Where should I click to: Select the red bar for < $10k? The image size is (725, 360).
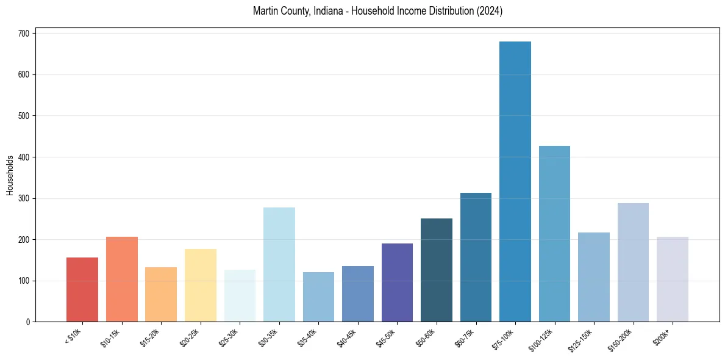[82, 289]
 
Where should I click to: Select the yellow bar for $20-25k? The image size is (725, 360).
[201, 285]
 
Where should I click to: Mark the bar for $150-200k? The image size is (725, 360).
[633, 262]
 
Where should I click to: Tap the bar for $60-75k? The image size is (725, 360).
[476, 257]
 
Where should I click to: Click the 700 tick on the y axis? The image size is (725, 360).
[24, 33]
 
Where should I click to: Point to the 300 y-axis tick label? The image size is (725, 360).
[24, 198]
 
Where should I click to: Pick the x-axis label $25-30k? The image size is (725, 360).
[229, 337]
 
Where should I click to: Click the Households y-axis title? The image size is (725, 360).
[10, 175]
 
